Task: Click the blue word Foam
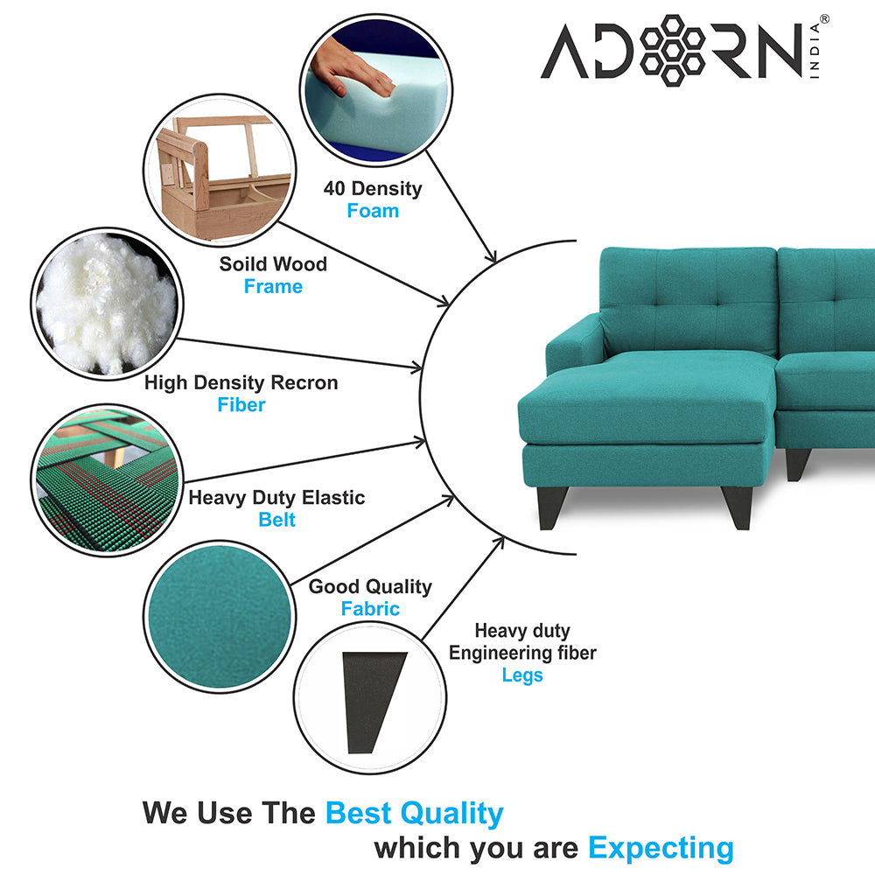pos(373,211)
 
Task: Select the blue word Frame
pos(273,286)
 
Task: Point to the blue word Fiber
pos(241,404)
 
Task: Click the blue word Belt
pos(276,520)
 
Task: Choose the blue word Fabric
pos(370,608)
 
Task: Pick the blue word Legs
pos(522,675)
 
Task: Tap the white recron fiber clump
pos(106,304)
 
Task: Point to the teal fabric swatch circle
pos(220,617)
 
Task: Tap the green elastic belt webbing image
pos(107,480)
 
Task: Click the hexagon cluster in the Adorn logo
pos(672,50)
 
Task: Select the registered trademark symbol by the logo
pos(824,19)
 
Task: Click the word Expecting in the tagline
pos(661,849)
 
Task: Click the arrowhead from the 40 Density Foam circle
pos(491,255)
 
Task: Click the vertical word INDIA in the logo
pos(815,50)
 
